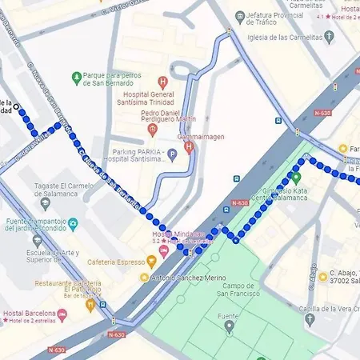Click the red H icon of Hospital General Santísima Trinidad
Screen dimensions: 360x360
pos(163,81)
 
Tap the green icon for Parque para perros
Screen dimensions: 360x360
pos(75,78)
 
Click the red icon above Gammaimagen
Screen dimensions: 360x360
pos(189,146)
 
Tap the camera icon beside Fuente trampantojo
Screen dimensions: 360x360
pos(73,225)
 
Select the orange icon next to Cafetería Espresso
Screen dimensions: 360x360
pos(151,261)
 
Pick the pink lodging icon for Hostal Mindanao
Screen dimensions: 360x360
pos(164,251)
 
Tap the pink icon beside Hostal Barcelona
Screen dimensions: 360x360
pos(62,314)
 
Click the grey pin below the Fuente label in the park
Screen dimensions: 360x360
pos(230,326)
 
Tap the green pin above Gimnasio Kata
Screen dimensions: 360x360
pos(295,178)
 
